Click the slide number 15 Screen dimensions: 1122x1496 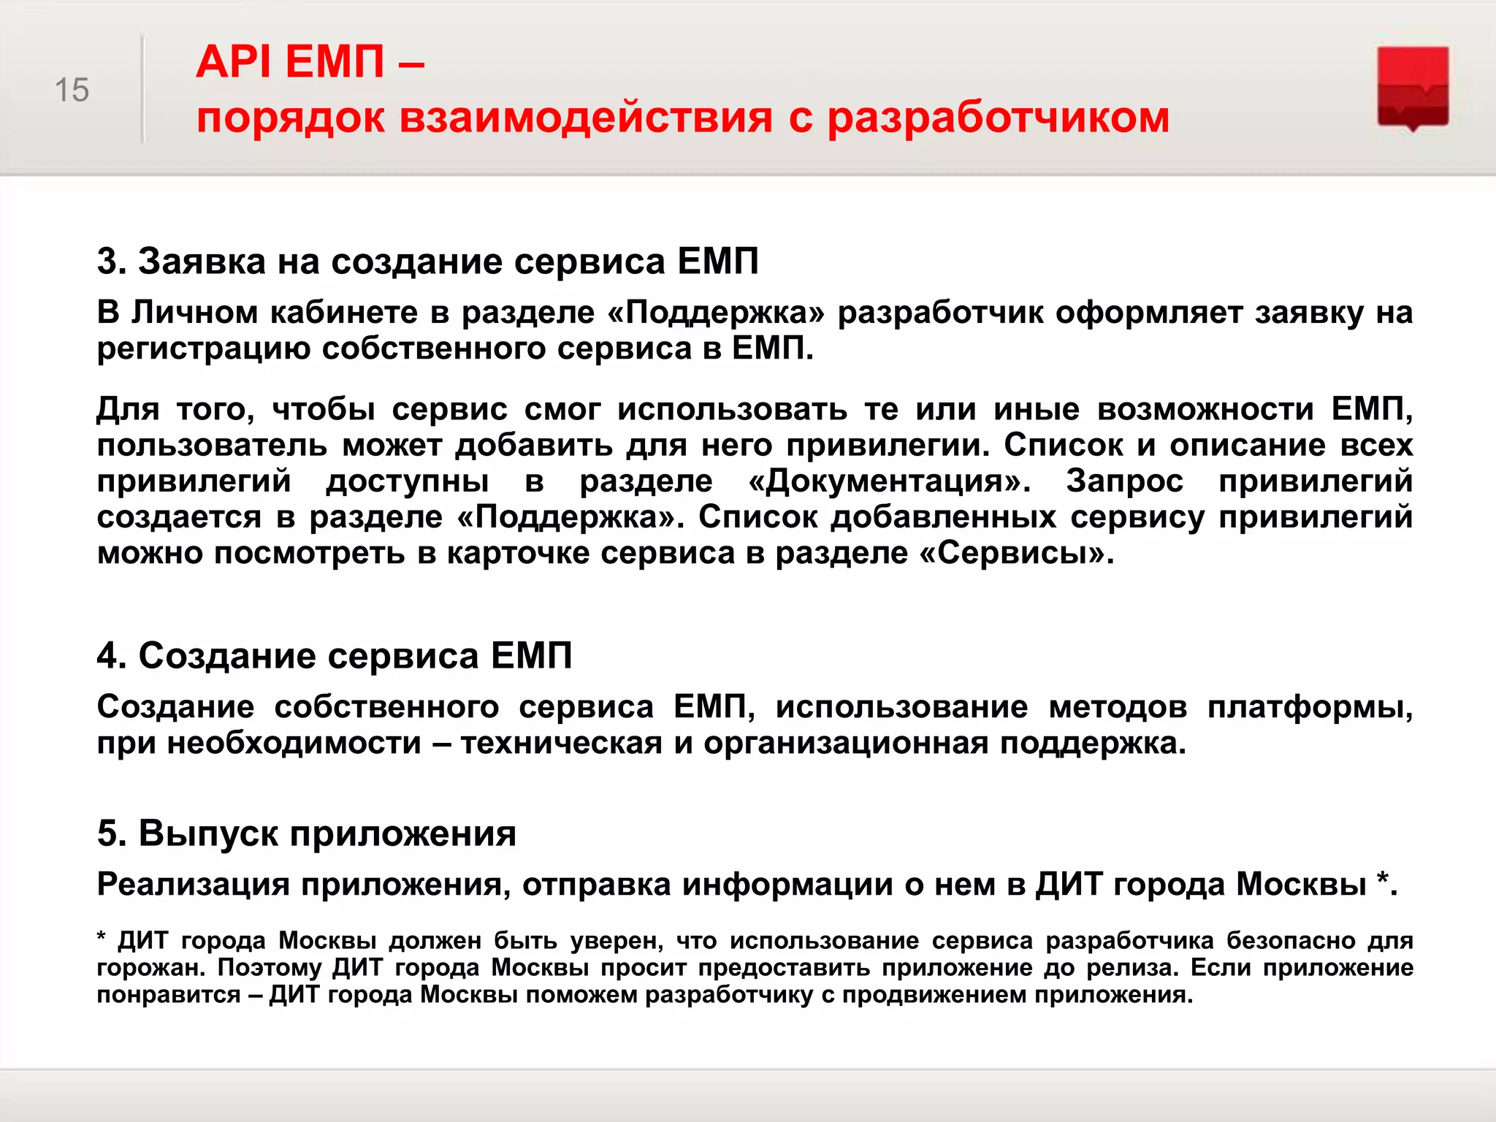click(72, 91)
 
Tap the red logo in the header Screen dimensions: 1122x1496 click(1413, 88)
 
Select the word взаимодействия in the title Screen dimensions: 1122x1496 click(585, 118)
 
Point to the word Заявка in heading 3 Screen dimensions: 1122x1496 click(202, 262)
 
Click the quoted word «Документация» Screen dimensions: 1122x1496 click(890, 481)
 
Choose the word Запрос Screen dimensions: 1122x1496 click(1124, 481)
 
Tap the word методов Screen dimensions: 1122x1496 click(1118, 707)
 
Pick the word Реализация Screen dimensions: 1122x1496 click(193, 885)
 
